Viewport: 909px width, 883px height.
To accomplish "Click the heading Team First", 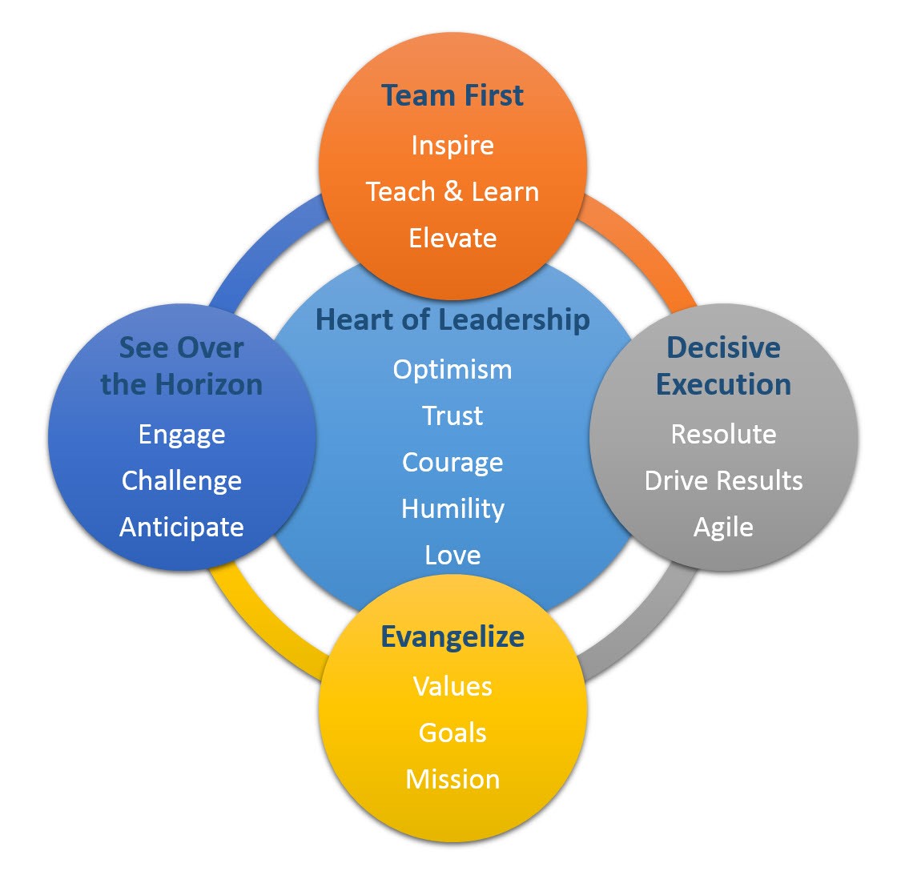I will [452, 95].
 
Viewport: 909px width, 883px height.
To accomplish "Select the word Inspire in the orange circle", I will [452, 146].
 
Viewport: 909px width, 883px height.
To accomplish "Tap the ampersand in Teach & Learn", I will [453, 191].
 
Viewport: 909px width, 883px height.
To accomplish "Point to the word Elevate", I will [452, 238].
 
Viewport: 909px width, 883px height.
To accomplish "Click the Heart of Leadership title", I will [452, 319].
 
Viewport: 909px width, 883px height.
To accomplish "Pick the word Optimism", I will [452, 369].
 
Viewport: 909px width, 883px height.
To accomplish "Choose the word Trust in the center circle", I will [452, 415].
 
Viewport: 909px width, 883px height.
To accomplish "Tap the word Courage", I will [452, 462].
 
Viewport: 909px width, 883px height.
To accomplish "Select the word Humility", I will [452, 508].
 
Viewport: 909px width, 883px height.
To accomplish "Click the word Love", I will [452, 555].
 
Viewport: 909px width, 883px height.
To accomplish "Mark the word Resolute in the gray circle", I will [723, 434].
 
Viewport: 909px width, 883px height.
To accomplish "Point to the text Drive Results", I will [723, 480].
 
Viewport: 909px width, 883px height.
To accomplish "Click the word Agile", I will [723, 527].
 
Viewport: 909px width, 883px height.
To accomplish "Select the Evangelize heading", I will [452, 636].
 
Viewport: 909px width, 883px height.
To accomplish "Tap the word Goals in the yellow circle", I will [452, 732].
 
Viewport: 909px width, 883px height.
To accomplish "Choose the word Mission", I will [452, 779].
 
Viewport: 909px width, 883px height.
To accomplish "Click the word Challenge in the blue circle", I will [182, 480].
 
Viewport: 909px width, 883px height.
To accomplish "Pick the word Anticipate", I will [182, 527].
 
